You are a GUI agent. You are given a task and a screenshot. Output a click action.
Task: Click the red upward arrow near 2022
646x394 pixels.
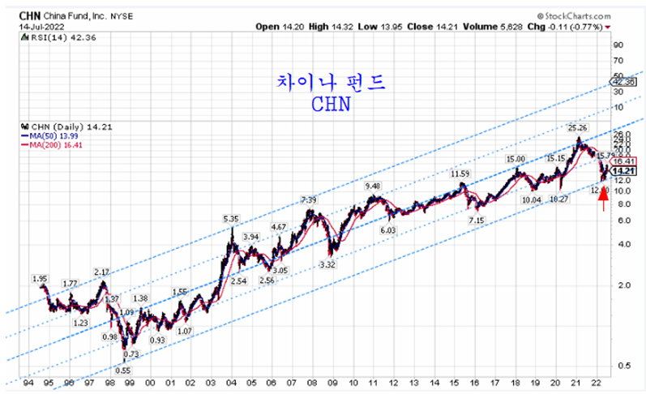click(603, 199)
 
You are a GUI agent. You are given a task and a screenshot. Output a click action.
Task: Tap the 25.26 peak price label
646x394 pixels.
click(576, 127)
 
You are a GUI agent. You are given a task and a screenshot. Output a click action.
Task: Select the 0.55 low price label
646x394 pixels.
click(123, 370)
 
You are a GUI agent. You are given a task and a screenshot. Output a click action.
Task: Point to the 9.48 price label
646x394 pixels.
click(373, 186)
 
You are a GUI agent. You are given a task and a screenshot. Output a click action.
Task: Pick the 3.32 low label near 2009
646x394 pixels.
click(328, 264)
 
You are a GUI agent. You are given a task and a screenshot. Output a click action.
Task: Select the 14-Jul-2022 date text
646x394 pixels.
click(30, 25)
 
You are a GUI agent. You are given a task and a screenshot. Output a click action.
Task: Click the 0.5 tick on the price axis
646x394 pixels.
click(618, 366)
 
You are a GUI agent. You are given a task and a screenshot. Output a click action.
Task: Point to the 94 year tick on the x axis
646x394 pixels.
click(28, 381)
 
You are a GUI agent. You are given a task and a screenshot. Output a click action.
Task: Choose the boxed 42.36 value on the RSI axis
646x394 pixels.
click(622, 82)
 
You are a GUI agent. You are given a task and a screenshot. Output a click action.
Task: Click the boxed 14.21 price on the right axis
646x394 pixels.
click(622, 171)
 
